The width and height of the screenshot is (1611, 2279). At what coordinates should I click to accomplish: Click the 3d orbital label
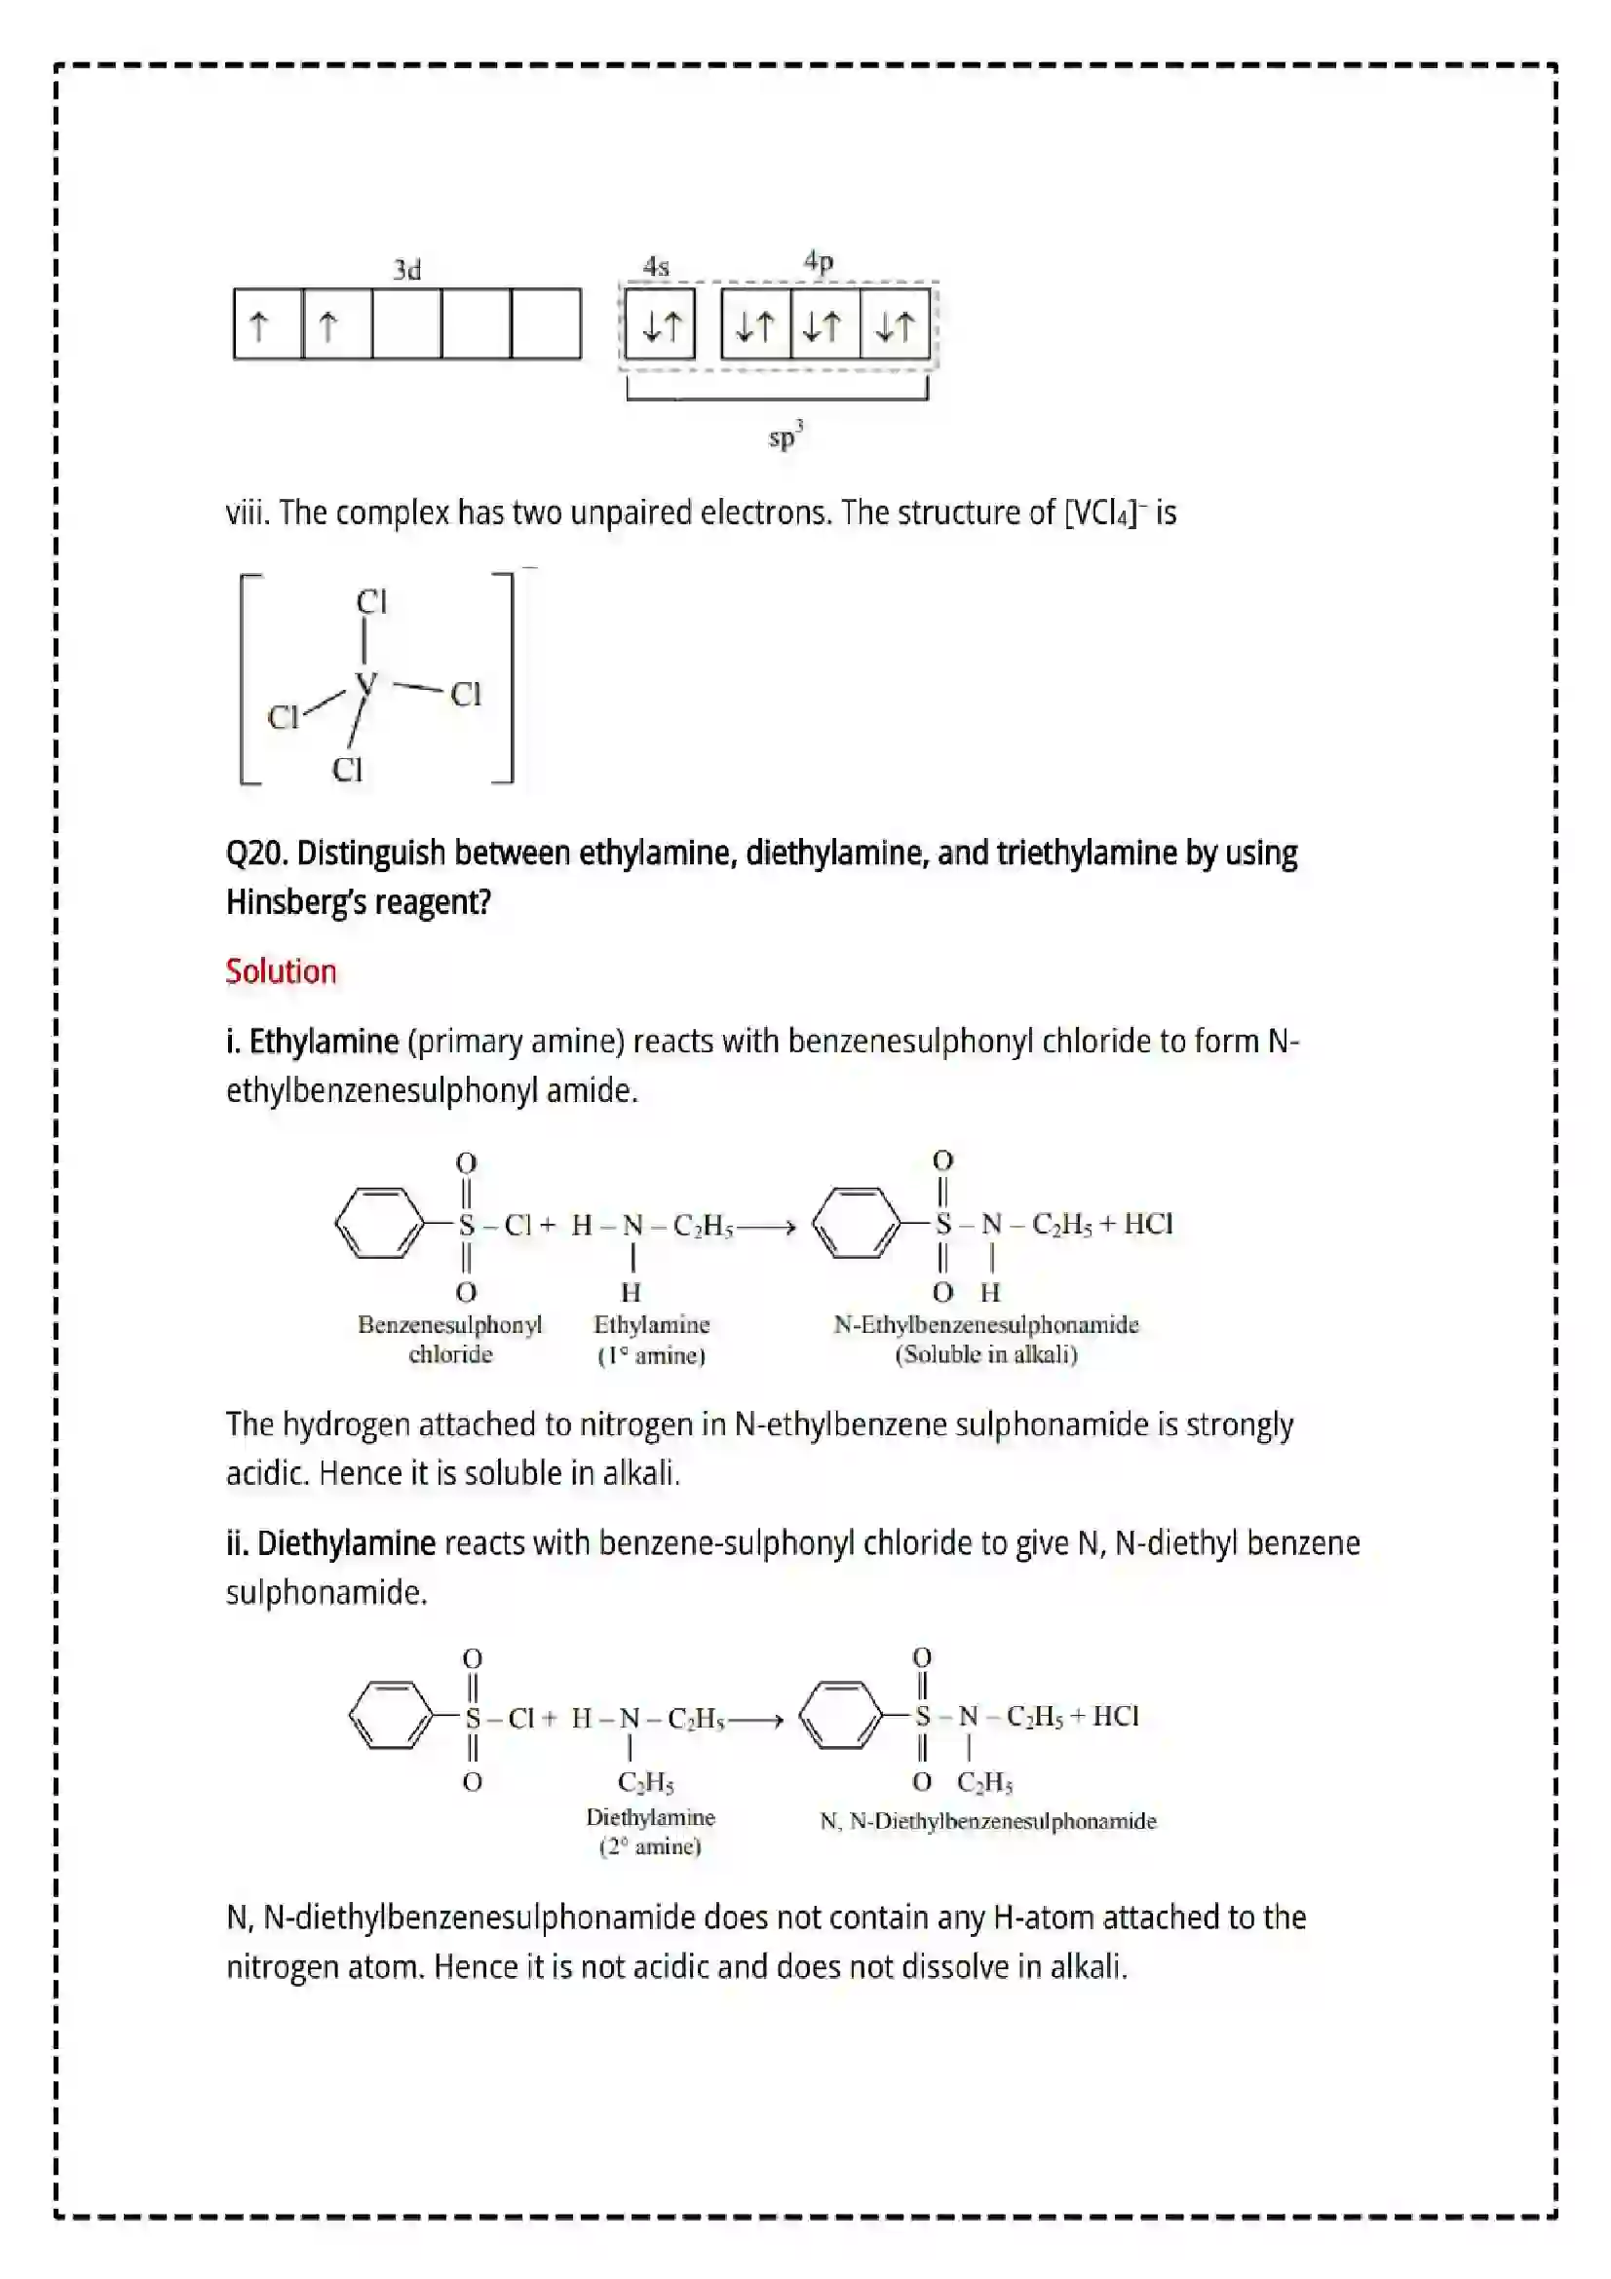[x=407, y=270]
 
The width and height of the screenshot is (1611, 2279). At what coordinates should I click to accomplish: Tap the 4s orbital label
[x=656, y=266]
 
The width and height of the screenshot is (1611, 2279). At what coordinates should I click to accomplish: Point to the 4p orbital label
[x=818, y=261]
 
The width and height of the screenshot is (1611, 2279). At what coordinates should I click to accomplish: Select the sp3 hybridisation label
[x=786, y=436]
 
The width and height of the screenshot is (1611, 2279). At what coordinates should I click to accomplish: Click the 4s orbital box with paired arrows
[x=660, y=324]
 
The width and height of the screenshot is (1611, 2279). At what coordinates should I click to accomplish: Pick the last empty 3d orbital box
[x=546, y=324]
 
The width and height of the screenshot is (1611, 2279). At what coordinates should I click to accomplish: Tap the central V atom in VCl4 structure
[x=366, y=683]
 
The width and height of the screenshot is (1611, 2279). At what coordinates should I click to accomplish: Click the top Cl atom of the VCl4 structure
[x=371, y=601]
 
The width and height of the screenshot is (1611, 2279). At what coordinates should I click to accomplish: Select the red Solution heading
[x=281, y=970]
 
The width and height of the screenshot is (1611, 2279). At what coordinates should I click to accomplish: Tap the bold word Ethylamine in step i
[x=324, y=1042]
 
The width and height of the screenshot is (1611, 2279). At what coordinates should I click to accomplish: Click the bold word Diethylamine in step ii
[x=345, y=1543]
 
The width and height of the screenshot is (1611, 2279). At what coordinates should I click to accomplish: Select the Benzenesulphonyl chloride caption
[x=449, y=1339]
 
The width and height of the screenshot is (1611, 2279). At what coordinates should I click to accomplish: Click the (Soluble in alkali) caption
[x=985, y=1355]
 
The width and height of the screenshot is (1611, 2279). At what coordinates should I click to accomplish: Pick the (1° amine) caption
[x=651, y=1355]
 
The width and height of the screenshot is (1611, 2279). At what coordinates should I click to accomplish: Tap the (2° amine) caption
[x=650, y=1846]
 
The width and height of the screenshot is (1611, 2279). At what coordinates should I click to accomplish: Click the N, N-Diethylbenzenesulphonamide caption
[x=988, y=1821]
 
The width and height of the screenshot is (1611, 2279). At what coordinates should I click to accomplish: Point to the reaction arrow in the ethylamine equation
[x=766, y=1228]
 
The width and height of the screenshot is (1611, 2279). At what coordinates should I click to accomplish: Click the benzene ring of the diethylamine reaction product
[x=840, y=1715]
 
